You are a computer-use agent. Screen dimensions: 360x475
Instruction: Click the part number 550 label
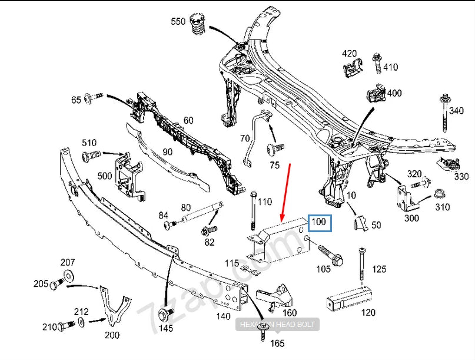point(178,22)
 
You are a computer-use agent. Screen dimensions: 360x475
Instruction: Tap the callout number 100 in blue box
point(320,223)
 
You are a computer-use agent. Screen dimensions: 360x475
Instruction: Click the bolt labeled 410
point(376,65)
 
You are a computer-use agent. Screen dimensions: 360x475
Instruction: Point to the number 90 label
point(167,152)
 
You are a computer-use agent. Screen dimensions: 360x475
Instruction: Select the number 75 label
point(274,166)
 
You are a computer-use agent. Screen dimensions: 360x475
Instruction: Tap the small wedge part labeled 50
point(360,223)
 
